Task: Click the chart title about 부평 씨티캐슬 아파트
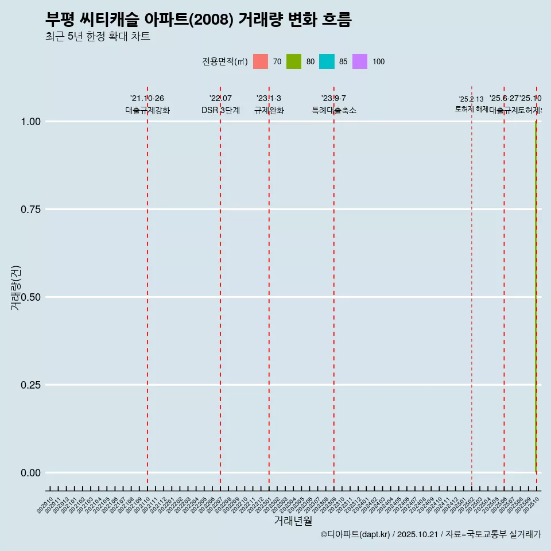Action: tap(198, 20)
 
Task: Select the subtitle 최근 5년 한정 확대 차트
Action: tap(98, 37)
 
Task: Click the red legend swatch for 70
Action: tap(261, 61)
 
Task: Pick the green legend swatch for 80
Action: tap(294, 61)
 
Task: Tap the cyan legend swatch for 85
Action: tap(327, 61)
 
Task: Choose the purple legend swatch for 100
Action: tap(360, 61)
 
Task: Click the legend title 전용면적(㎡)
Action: tap(225, 62)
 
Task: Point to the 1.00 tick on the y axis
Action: tap(30, 122)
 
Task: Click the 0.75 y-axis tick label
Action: tap(30, 209)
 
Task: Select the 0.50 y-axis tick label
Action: tap(30, 297)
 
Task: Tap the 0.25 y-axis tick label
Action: tap(30, 385)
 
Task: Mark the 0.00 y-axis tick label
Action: tap(30, 473)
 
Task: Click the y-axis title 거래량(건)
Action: tap(15, 288)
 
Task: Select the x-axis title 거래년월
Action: tap(293, 521)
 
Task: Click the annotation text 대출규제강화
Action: tap(148, 110)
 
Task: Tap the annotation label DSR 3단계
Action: tap(220, 110)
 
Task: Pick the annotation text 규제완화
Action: tap(269, 110)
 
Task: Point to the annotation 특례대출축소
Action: tap(334, 110)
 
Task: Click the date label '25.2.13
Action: tap(471, 99)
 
